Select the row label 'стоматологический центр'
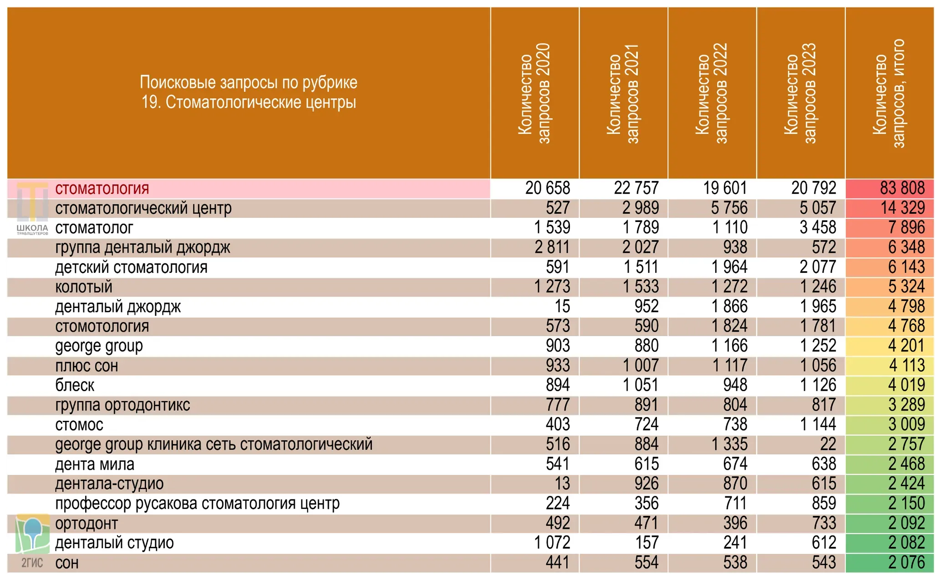coord(143,208)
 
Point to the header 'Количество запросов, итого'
coord(889,93)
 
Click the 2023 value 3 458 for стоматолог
coord(818,227)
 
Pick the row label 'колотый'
coord(84,287)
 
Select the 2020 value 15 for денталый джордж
coord(562,306)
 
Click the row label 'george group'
coord(99,346)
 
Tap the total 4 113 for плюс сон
coord(907,365)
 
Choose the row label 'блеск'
coord(75,385)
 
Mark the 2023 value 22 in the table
coord(828,444)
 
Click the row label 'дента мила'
coord(95,464)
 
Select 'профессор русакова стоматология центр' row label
coord(197,504)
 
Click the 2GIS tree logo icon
coord(32,533)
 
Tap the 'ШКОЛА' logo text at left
coord(32,227)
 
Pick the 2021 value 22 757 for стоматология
coord(636,188)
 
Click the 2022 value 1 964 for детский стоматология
coord(729,267)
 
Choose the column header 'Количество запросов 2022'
coord(712,93)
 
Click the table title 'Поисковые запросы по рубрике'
coord(249,82)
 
